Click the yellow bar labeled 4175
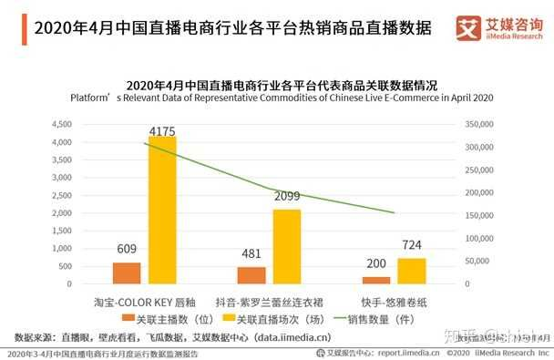[x=162, y=211]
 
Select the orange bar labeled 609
[x=128, y=273]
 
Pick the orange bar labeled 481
[x=251, y=275]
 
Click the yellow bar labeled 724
[x=411, y=271]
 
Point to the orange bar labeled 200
[x=375, y=280]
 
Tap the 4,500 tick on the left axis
[x=60, y=123]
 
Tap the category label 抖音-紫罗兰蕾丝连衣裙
[x=268, y=299]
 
